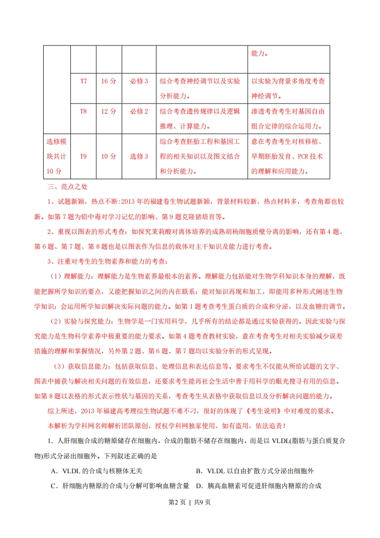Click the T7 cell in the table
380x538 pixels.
83,81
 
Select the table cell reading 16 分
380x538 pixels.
109,81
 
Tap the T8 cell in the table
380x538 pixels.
83,111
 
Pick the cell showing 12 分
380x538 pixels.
109,111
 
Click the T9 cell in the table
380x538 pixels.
83,156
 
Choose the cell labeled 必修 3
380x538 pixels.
139,81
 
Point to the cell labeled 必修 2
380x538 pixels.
139,111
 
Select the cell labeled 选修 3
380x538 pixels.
139,156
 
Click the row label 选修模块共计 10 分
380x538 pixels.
57,156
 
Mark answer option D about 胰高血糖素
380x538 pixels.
258,486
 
